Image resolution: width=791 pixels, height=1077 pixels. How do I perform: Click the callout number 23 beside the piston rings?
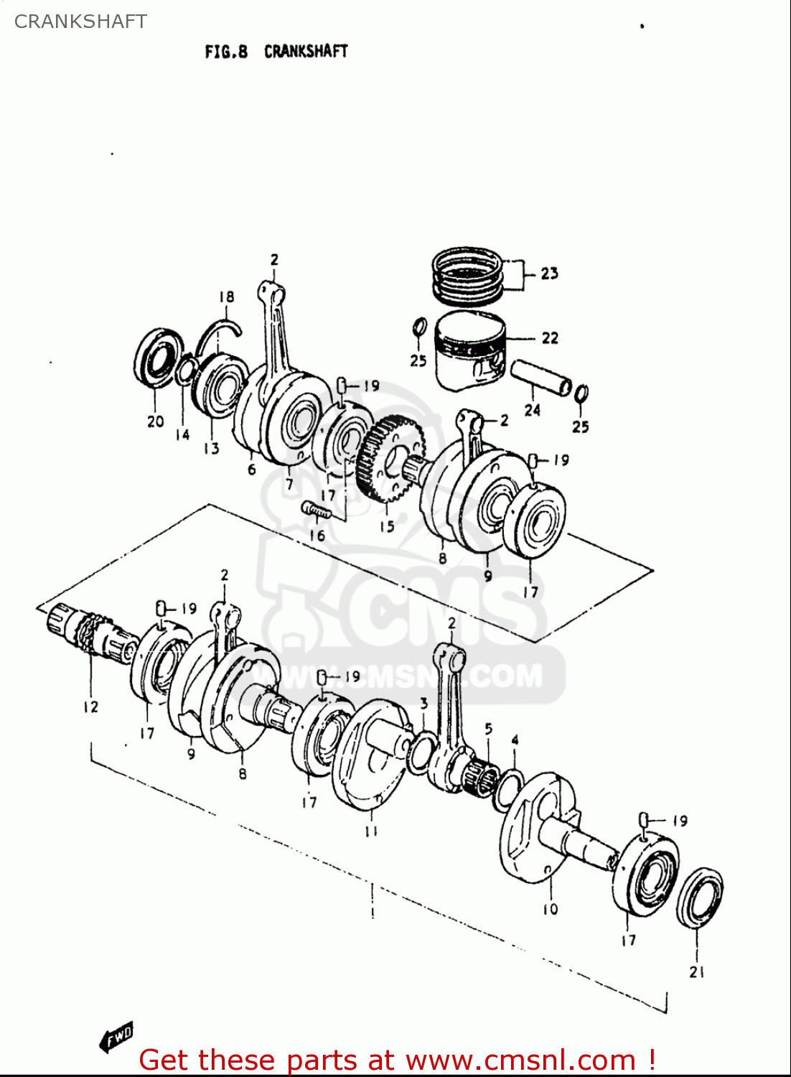point(549,274)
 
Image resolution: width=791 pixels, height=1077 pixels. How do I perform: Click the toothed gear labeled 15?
point(388,460)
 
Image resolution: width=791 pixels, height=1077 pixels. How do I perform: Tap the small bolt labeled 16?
point(317,509)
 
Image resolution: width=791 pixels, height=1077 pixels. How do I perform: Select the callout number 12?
point(90,707)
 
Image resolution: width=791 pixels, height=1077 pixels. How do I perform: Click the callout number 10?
point(550,910)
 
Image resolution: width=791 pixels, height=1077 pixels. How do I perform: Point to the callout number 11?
point(371,831)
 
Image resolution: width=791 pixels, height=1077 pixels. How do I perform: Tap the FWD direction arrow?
point(116,1036)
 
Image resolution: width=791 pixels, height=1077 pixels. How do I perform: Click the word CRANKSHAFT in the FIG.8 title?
point(306,52)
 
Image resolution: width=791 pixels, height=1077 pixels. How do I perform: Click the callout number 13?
point(211,449)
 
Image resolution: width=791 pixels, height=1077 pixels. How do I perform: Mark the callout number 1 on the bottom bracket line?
point(373,913)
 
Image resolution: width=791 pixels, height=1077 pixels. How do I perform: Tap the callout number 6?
point(251,470)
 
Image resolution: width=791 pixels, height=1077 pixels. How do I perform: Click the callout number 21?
point(697,972)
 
